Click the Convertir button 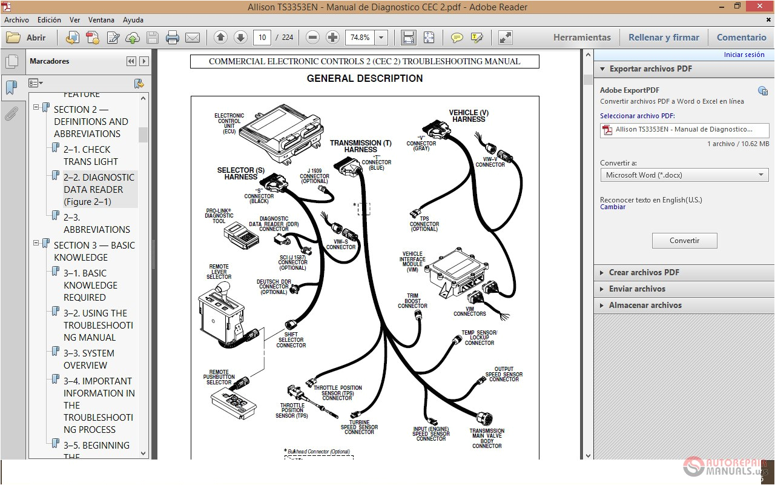point(684,241)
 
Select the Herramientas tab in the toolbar point(582,38)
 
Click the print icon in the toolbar point(173,38)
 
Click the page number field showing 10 point(262,38)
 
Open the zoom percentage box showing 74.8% point(360,38)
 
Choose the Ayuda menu point(133,20)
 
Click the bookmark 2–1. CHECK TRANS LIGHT point(91,155)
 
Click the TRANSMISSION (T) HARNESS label point(360,146)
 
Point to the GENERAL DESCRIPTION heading point(364,78)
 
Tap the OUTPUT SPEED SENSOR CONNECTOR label point(504,374)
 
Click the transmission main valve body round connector point(484,419)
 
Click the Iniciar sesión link point(744,55)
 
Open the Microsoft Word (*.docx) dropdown point(684,175)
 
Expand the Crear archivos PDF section point(644,272)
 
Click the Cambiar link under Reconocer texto point(613,207)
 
